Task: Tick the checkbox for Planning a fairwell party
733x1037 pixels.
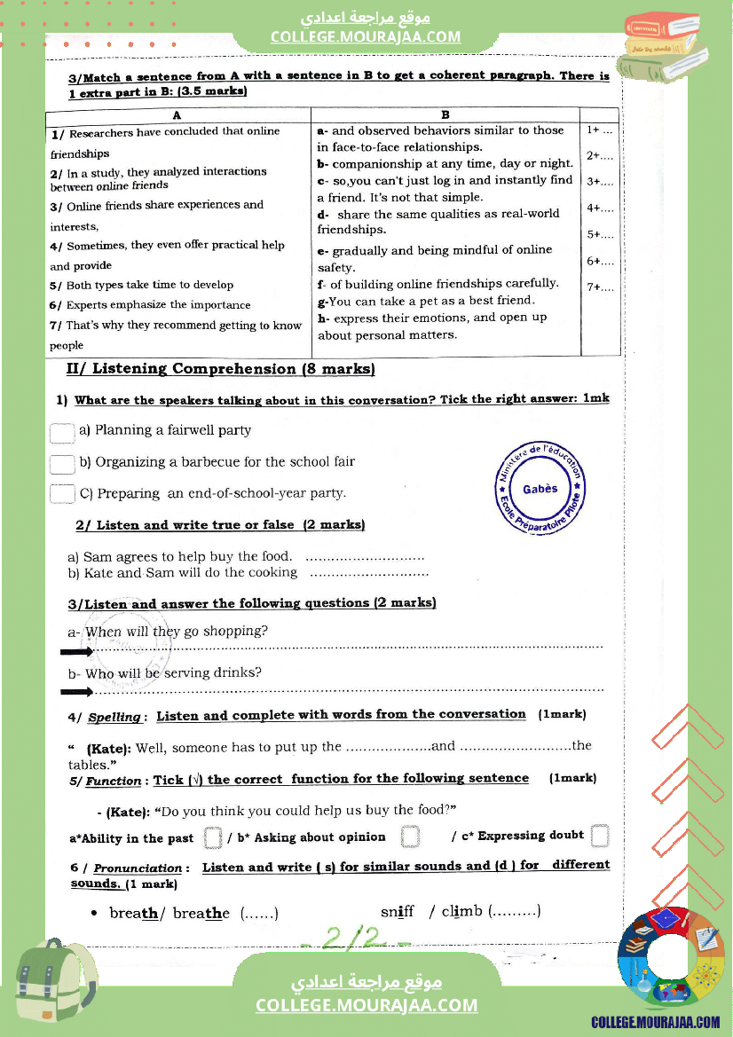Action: [62, 433]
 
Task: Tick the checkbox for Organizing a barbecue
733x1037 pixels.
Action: [62, 464]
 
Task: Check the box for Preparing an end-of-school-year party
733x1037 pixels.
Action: [62, 494]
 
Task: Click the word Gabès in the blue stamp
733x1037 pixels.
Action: [540, 489]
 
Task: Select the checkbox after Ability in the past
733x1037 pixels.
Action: [212, 837]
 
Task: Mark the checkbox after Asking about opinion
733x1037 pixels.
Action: [409, 837]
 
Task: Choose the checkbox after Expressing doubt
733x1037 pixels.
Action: [600, 836]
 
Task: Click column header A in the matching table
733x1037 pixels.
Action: [177, 115]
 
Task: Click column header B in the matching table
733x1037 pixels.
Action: [445, 115]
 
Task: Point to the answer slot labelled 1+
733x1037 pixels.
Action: [600, 130]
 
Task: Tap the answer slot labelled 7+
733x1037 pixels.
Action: [600, 287]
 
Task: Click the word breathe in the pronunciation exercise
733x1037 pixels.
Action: [201, 914]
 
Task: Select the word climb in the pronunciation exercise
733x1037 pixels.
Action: [461, 911]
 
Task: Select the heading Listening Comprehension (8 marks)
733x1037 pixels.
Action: [221, 369]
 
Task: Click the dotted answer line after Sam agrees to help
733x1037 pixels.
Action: [365, 558]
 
